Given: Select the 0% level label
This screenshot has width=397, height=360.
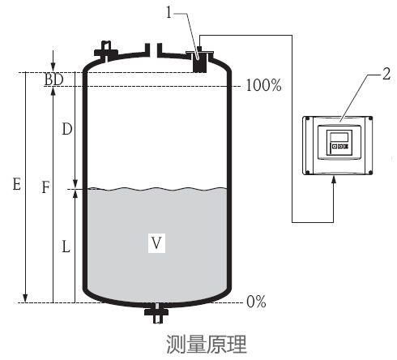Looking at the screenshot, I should (x=256, y=302).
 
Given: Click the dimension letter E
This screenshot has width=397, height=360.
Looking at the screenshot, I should (x=16, y=185).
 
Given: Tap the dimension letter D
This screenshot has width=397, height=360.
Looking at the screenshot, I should (x=66, y=130).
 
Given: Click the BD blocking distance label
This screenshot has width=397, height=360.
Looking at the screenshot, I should (x=53, y=79).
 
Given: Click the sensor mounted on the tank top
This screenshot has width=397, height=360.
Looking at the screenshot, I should (x=198, y=62).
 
